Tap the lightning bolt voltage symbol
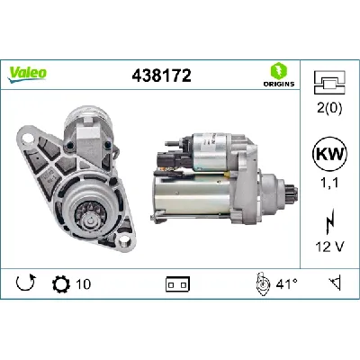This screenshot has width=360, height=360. [x=330, y=218]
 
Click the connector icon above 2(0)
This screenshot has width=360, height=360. [x=330, y=84]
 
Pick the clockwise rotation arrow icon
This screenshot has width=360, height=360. [x=26, y=285]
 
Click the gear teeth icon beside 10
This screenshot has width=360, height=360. [x=61, y=285]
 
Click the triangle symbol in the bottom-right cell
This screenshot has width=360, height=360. [x=334, y=285]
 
